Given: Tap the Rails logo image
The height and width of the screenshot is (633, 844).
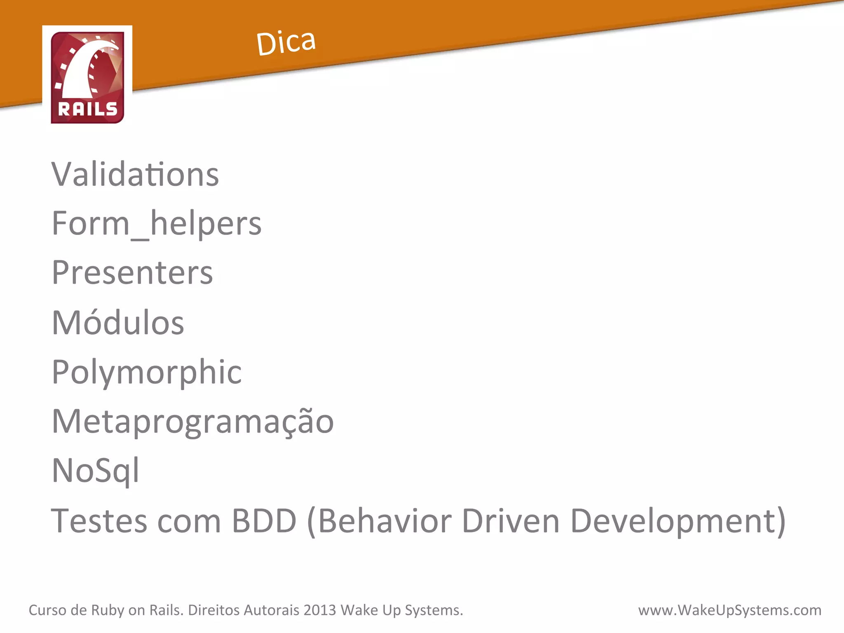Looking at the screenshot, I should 87,77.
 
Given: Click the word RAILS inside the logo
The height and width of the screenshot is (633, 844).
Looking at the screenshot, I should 88,109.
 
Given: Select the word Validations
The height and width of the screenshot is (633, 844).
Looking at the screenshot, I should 135,174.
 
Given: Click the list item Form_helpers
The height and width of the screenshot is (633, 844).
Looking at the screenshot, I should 157,224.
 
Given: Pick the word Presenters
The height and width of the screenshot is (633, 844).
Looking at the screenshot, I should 132,273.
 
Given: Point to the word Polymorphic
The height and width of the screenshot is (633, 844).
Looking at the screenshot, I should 147,372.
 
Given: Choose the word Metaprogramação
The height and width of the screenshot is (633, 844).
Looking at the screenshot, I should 192,422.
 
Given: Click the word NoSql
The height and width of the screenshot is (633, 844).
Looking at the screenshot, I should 96,471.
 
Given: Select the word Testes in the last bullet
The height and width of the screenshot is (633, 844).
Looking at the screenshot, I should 99,521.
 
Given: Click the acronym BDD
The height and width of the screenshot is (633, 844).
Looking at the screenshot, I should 264,521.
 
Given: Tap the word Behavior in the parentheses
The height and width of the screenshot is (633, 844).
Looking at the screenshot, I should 385,521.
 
